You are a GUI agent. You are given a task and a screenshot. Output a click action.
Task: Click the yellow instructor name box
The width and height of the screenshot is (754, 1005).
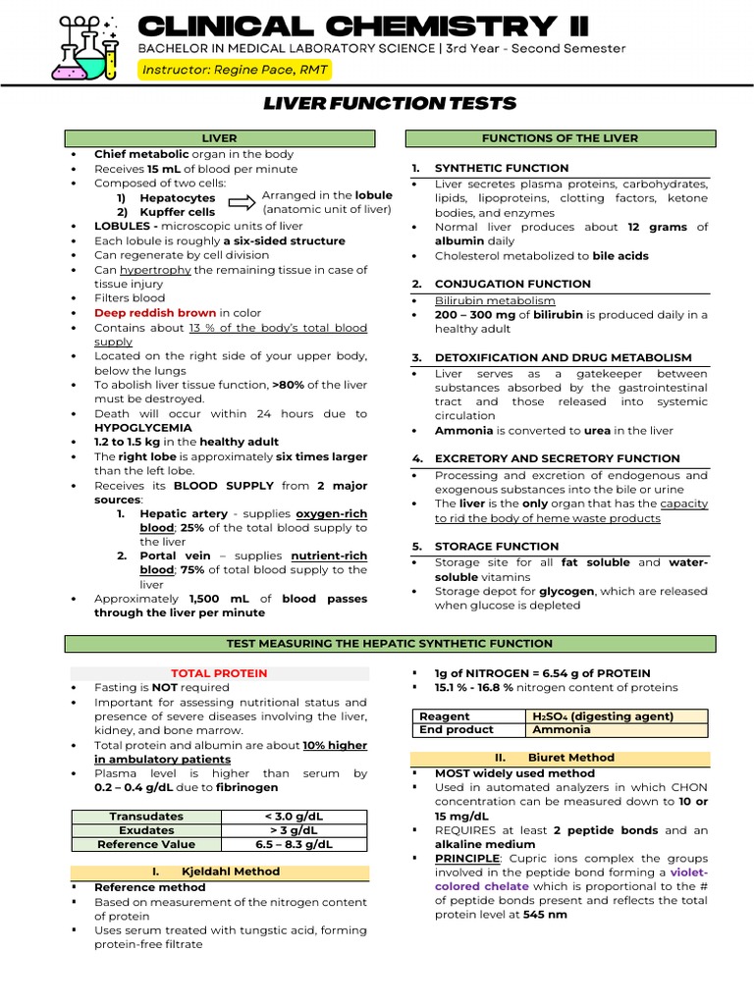click(x=234, y=70)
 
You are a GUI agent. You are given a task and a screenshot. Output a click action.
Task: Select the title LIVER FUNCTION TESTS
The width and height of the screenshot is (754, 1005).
click(x=390, y=104)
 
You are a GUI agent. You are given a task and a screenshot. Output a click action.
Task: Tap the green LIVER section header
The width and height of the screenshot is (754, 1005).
click(x=219, y=138)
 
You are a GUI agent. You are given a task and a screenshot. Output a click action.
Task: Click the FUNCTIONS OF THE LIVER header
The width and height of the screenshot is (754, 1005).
click(x=560, y=138)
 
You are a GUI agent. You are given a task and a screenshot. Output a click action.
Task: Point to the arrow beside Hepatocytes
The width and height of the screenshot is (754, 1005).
click(x=242, y=202)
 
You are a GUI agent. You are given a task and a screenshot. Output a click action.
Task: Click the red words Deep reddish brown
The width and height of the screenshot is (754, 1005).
click(x=155, y=313)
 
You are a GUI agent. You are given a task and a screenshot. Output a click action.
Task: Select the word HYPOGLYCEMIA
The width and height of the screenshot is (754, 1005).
click(x=143, y=428)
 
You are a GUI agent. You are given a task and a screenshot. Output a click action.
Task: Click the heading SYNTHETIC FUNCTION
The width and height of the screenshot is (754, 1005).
click(x=502, y=168)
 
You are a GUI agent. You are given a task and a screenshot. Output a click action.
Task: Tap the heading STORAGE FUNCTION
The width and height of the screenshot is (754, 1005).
click(x=497, y=546)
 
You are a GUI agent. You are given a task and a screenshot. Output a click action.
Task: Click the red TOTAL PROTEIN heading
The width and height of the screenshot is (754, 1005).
click(x=219, y=673)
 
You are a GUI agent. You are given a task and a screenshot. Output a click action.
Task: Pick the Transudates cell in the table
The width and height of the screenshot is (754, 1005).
click(x=146, y=817)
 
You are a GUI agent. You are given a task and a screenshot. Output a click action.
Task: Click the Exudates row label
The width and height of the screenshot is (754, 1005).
click(x=146, y=830)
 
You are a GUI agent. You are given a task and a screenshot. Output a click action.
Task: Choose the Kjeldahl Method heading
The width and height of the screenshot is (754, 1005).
click(x=219, y=872)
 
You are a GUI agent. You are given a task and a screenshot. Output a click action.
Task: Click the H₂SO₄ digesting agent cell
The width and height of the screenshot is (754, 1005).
click(x=616, y=716)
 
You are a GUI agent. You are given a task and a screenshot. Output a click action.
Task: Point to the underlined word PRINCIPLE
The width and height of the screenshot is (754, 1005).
click(x=467, y=858)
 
